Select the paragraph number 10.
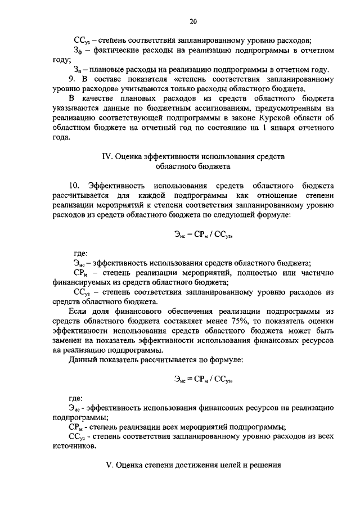pyautogui.click(x=75, y=185)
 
